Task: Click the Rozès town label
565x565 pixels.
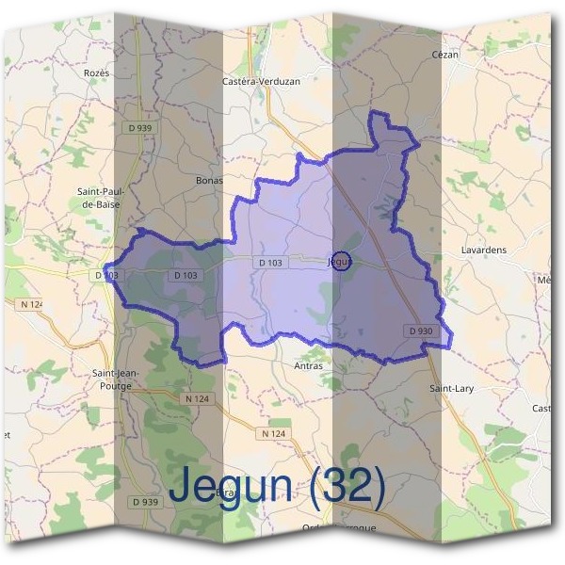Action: coord(97,73)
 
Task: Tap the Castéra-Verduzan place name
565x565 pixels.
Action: coord(261,82)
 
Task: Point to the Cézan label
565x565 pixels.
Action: coord(444,55)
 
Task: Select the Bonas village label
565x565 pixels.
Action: coord(208,180)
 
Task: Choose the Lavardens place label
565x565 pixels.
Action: coord(485,250)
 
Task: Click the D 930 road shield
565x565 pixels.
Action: coord(421,331)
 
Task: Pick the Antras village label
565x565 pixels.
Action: coord(308,366)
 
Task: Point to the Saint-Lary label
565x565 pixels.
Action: coord(449,389)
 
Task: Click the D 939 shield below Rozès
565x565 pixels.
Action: coord(139,127)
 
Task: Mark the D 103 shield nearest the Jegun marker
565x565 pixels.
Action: coord(270,262)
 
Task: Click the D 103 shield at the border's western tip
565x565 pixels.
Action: coord(106,275)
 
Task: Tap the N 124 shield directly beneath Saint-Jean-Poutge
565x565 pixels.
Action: coord(195,399)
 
